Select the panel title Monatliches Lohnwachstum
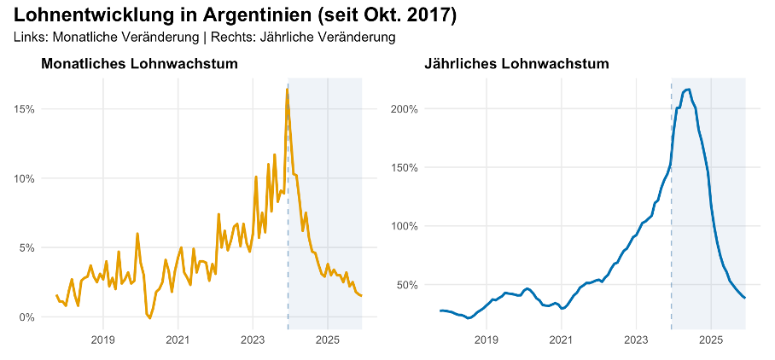pyautogui.click(x=139, y=64)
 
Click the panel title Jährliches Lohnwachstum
pyautogui.click(x=516, y=64)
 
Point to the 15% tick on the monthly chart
pyautogui.click(x=23, y=109)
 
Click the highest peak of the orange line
pyautogui.click(x=287, y=89)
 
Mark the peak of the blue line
pyautogui.click(x=688, y=90)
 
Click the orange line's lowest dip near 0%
pyautogui.click(x=149, y=317)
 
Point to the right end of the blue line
pyautogui.click(x=745, y=298)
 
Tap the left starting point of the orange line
pyautogui.click(x=56, y=295)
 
